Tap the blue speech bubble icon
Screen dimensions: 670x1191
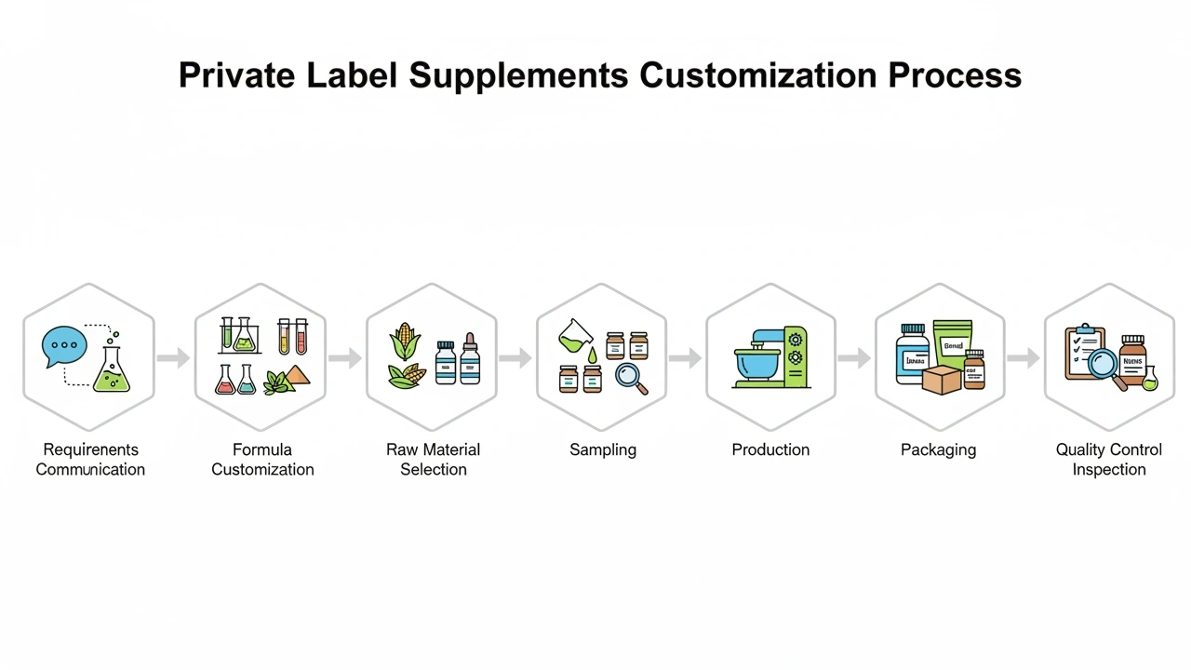pos(64,346)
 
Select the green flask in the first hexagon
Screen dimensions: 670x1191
pos(112,372)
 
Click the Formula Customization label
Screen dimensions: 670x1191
pos(262,459)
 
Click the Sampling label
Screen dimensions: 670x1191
pos(603,449)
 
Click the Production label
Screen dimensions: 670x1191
pos(770,449)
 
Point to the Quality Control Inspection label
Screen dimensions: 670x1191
pos(1108,459)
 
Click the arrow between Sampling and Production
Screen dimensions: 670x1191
pos(686,357)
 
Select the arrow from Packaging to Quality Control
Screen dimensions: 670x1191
pos(1024,357)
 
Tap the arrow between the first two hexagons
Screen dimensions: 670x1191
pos(173,357)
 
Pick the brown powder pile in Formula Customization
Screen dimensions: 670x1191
pos(298,376)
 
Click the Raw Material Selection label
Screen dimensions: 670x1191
pos(433,459)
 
